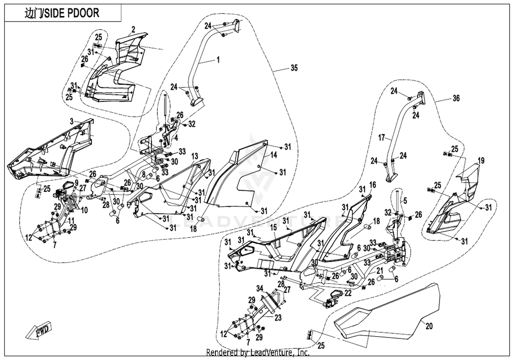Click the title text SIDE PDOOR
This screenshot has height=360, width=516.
(72, 13)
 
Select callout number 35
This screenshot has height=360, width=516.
(294, 68)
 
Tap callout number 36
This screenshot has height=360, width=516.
(456, 98)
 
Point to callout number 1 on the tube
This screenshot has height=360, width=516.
(218, 60)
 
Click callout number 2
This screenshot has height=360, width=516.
(133, 30)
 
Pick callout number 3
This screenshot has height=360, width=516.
(72, 121)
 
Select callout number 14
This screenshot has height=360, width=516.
(273, 155)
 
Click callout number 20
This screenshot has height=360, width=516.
(429, 326)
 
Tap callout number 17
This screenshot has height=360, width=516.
(382, 138)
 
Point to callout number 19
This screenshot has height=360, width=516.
(481, 161)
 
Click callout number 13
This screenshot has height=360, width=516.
(195, 156)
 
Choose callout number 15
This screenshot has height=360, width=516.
(273, 228)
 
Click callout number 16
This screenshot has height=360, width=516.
(373, 185)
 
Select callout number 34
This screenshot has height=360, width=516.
(260, 288)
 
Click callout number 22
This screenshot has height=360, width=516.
(348, 293)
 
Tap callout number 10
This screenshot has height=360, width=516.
(85, 210)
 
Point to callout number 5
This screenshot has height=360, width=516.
(405, 201)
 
